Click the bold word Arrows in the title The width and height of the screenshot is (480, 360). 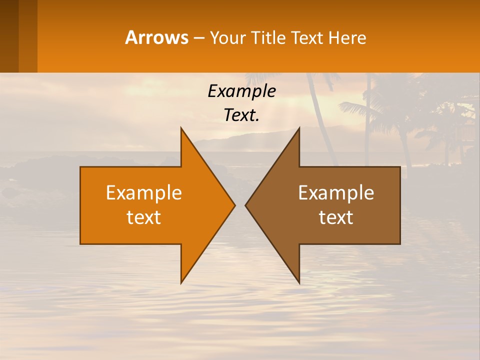(x=156, y=37)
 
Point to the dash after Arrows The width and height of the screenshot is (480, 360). (x=198, y=38)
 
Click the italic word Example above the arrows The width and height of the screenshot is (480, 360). (x=241, y=91)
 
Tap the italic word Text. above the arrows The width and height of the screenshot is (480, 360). (x=241, y=115)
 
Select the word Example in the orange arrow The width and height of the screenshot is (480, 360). (x=143, y=192)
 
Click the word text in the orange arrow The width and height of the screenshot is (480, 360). (x=143, y=217)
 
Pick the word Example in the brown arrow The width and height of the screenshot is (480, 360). (x=336, y=192)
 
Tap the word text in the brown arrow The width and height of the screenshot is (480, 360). (x=336, y=217)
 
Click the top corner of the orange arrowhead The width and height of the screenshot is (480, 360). (x=181, y=129)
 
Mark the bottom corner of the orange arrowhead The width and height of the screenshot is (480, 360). (x=181, y=282)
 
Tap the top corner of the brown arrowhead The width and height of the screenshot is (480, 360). (x=298, y=129)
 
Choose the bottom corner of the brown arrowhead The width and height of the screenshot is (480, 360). (x=298, y=282)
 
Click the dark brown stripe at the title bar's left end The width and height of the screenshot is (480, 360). (x=9, y=36)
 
